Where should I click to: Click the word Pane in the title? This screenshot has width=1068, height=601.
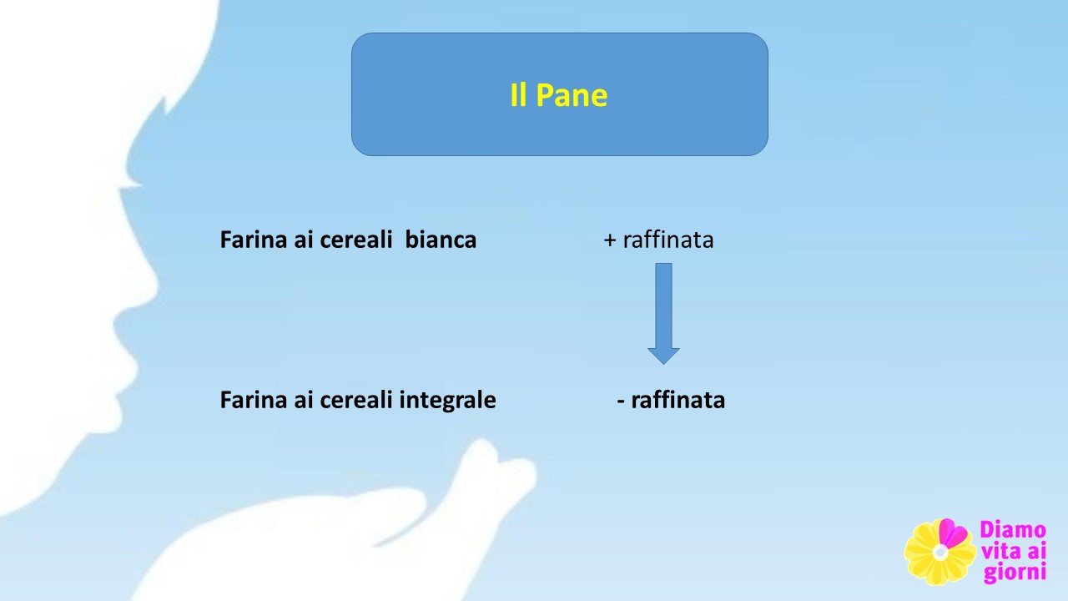pyautogui.click(x=572, y=95)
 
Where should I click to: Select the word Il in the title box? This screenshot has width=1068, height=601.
pyautogui.click(x=518, y=94)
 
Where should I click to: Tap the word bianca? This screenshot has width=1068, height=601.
pyautogui.click(x=441, y=240)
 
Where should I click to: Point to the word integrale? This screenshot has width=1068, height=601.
pyautogui.click(x=448, y=400)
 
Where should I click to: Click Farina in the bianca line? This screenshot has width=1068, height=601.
pyautogui.click(x=254, y=240)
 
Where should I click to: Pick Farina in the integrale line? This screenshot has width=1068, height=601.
pyautogui.click(x=254, y=400)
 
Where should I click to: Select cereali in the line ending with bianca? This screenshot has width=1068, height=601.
pyautogui.click(x=355, y=240)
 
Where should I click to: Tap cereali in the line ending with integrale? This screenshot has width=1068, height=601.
pyautogui.click(x=355, y=400)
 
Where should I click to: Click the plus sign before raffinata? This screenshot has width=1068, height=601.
pyautogui.click(x=610, y=240)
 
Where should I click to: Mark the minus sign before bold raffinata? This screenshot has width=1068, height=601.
pyautogui.click(x=620, y=402)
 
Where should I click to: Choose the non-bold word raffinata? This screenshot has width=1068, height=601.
pyautogui.click(x=668, y=240)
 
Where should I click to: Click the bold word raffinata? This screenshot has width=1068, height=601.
pyautogui.click(x=678, y=400)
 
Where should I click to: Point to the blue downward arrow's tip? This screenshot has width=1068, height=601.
pyautogui.click(x=663, y=365)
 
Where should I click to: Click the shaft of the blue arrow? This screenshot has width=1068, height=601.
pyautogui.click(x=663, y=306)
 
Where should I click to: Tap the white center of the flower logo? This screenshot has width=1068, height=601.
pyautogui.click(x=940, y=553)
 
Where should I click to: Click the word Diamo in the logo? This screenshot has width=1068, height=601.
pyautogui.click(x=1013, y=530)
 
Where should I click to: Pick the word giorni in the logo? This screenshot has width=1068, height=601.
pyautogui.click(x=1015, y=572)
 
